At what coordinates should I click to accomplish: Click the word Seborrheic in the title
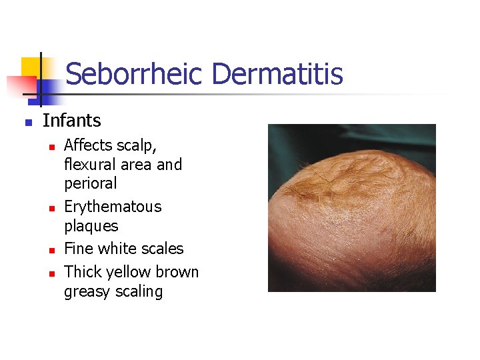point(136,73)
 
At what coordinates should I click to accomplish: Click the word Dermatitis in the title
point(277,73)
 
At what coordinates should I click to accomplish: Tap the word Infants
point(72,121)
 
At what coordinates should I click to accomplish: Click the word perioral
point(90,183)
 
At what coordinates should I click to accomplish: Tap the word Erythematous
point(113,207)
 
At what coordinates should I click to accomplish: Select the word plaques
point(91,226)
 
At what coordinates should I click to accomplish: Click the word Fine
point(77,249)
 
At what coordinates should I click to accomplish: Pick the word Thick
point(81,272)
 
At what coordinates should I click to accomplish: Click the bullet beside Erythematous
point(50,209)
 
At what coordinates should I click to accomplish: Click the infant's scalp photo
point(351,208)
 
